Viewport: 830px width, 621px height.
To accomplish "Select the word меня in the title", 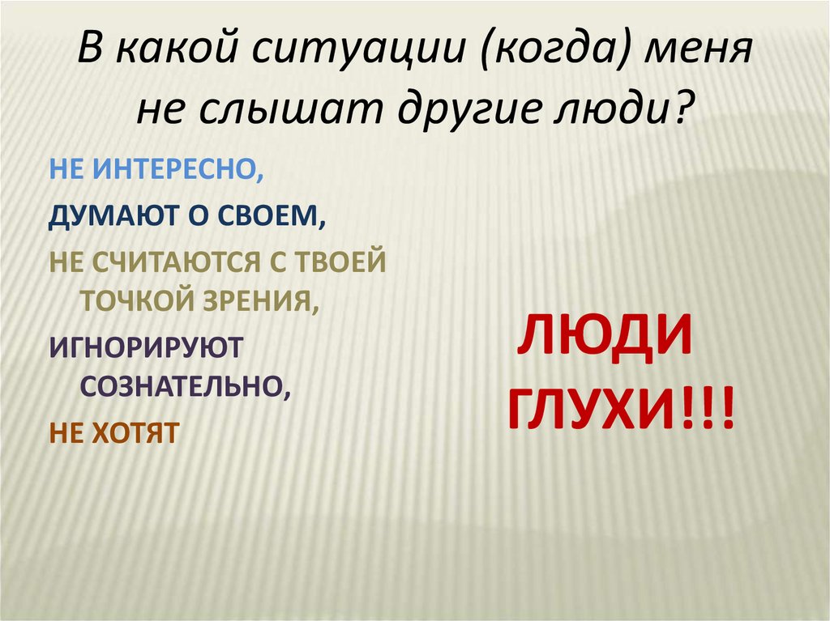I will click(696, 56).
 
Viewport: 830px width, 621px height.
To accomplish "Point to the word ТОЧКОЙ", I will click(137, 301).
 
